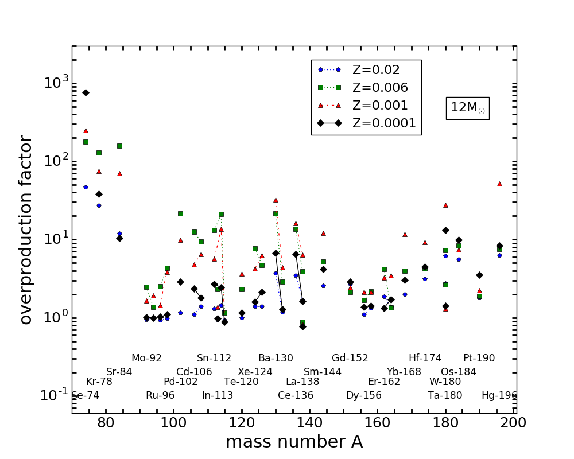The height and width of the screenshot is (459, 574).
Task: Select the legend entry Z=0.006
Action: (380, 88)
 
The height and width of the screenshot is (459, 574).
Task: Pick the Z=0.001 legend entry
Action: (380, 106)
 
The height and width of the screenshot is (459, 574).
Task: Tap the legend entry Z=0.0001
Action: (384, 123)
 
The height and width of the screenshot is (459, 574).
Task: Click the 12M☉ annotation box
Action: (467, 108)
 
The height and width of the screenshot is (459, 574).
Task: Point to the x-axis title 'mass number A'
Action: (294, 442)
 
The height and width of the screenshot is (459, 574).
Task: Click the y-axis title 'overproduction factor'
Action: (26, 229)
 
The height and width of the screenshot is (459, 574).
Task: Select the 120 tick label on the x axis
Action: (241, 424)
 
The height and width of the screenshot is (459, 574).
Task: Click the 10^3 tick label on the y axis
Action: (56, 83)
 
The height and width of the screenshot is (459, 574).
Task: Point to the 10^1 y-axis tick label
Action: (56, 239)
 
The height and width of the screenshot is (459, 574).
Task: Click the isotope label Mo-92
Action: (146, 358)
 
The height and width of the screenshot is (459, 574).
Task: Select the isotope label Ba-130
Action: (276, 358)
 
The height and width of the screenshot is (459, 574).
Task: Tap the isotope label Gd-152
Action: (350, 358)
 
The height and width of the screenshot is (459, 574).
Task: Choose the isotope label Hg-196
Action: (499, 395)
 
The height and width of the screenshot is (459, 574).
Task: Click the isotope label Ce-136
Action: (296, 395)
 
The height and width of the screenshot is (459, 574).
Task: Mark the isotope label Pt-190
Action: (479, 358)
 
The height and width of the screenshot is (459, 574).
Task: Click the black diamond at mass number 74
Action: (86, 92)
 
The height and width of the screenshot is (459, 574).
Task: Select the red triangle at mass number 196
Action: (499, 184)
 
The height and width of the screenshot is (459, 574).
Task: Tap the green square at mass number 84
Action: (119, 146)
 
